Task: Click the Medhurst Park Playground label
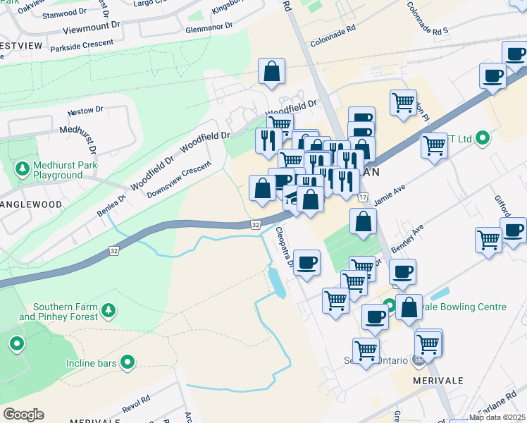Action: (58, 170)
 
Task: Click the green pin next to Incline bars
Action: (128, 362)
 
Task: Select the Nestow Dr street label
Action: (85, 111)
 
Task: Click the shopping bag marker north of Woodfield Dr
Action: (271, 72)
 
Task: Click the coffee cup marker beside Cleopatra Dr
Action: (306, 264)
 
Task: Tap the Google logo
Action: (23, 415)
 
